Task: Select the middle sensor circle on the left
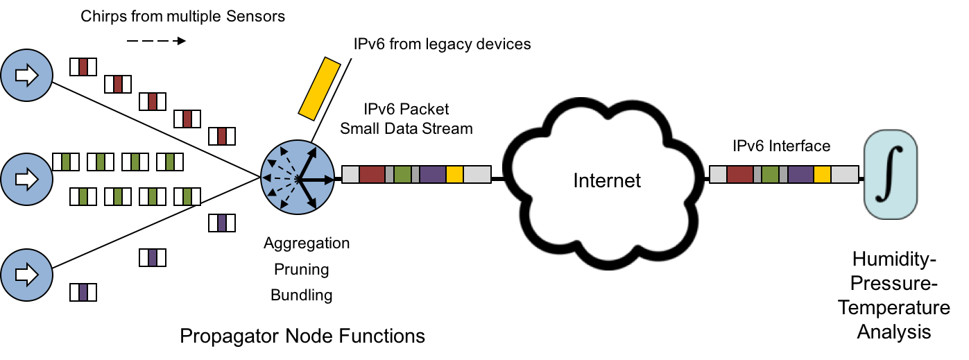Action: tap(26, 180)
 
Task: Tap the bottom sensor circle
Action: tap(26, 275)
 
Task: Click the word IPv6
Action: tap(370, 44)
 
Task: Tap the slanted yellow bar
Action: tap(320, 87)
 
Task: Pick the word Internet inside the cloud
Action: tap(607, 181)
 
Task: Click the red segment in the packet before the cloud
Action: tap(372, 174)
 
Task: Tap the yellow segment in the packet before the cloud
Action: tap(454, 174)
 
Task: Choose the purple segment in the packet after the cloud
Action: tap(800, 174)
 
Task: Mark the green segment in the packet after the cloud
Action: tap(770, 174)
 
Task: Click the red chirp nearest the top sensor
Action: tap(83, 67)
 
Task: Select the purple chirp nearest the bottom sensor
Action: tap(83, 292)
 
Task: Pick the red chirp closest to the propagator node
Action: tap(222, 137)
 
